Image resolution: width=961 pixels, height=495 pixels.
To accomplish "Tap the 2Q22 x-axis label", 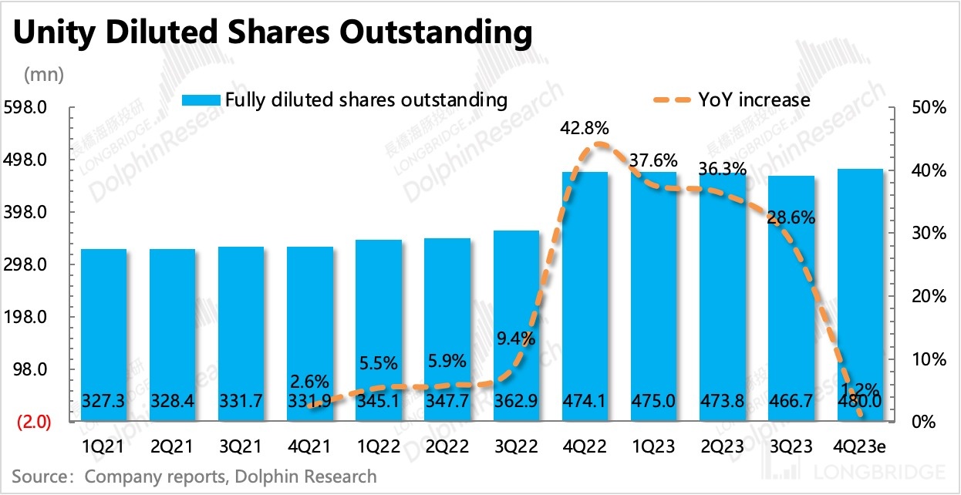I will click(447, 446).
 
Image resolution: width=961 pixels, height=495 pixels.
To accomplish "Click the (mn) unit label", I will click(44, 75).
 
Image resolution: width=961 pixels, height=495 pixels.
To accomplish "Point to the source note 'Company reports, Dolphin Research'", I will click(231, 476).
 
